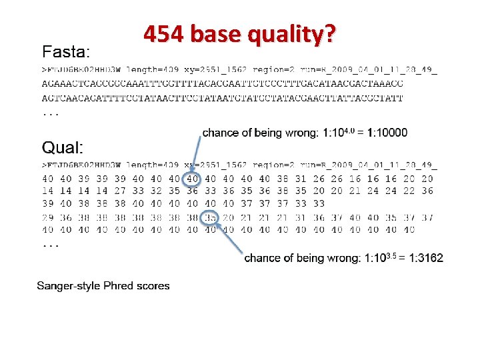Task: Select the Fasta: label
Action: pos(67,51)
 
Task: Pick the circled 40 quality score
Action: pos(192,179)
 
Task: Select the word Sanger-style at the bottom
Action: pos(67,286)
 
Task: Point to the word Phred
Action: pos(118,286)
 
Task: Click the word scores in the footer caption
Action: pos(153,286)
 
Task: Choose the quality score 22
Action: pos(409,191)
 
